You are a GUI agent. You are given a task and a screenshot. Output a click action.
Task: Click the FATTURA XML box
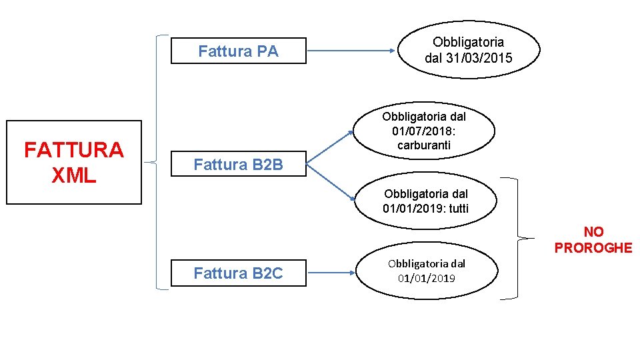pyautogui.click(x=74, y=162)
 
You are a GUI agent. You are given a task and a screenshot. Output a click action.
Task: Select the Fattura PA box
pyautogui.click(x=238, y=51)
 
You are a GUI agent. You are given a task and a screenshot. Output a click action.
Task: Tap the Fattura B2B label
pyautogui.click(x=238, y=165)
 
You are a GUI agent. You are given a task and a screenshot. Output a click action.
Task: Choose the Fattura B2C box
pyautogui.click(x=238, y=273)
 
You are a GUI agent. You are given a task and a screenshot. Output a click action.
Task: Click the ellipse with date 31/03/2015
pyautogui.click(x=469, y=50)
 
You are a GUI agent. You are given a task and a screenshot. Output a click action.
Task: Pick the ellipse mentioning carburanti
pyautogui.click(x=424, y=131)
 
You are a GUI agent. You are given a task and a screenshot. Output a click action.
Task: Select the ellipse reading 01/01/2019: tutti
pyautogui.click(x=425, y=201)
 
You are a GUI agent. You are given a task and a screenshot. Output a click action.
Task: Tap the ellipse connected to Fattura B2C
pyautogui.click(x=426, y=271)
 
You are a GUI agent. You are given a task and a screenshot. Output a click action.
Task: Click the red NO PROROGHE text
pyautogui.click(x=593, y=240)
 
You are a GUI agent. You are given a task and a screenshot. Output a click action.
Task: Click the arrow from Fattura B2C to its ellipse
pyautogui.click(x=332, y=273)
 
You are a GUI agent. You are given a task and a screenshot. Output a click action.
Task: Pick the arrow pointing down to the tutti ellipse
pyautogui.click(x=331, y=181)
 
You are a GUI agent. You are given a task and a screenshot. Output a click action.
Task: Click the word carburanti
pyautogui.click(x=424, y=145)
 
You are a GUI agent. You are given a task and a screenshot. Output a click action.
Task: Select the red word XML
pyautogui.click(x=74, y=175)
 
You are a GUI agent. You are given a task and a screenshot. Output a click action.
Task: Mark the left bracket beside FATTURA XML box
pyautogui.click(x=158, y=162)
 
